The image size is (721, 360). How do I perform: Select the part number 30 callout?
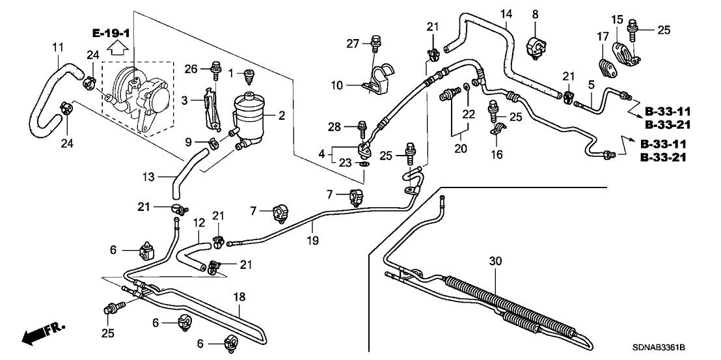tap(497, 260)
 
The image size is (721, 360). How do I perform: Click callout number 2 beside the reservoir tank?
tap(282, 117)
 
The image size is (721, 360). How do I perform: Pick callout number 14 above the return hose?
tap(506, 14)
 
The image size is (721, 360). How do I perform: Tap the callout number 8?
tap(535, 14)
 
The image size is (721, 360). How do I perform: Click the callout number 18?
tap(239, 297)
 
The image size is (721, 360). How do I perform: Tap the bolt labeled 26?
tap(215, 67)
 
